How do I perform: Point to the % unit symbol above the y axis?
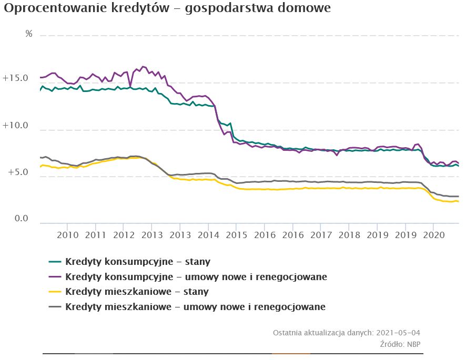29,34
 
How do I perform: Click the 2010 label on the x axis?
67,234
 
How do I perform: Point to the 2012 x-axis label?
124,234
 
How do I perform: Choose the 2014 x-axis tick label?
208,234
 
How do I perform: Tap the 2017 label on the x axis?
320,234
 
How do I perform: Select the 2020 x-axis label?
433,234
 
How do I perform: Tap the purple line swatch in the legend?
55,276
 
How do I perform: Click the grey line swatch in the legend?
55,306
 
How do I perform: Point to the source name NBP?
413,344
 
